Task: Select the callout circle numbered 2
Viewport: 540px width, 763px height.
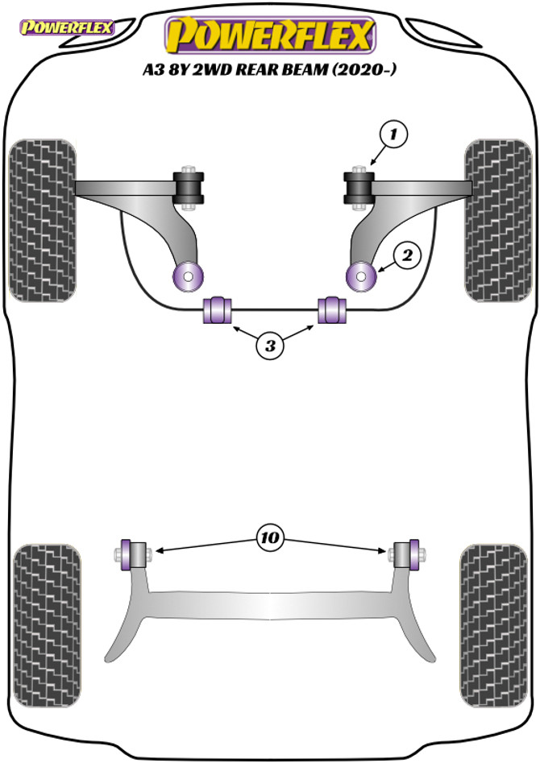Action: coord(407,256)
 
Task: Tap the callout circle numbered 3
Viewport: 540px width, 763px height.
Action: coord(270,346)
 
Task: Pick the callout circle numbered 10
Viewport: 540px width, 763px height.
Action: coord(270,536)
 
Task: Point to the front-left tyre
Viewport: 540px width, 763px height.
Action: coord(43,219)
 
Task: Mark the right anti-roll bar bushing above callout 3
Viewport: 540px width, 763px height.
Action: coord(330,309)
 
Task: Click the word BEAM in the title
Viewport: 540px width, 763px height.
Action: coord(302,70)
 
